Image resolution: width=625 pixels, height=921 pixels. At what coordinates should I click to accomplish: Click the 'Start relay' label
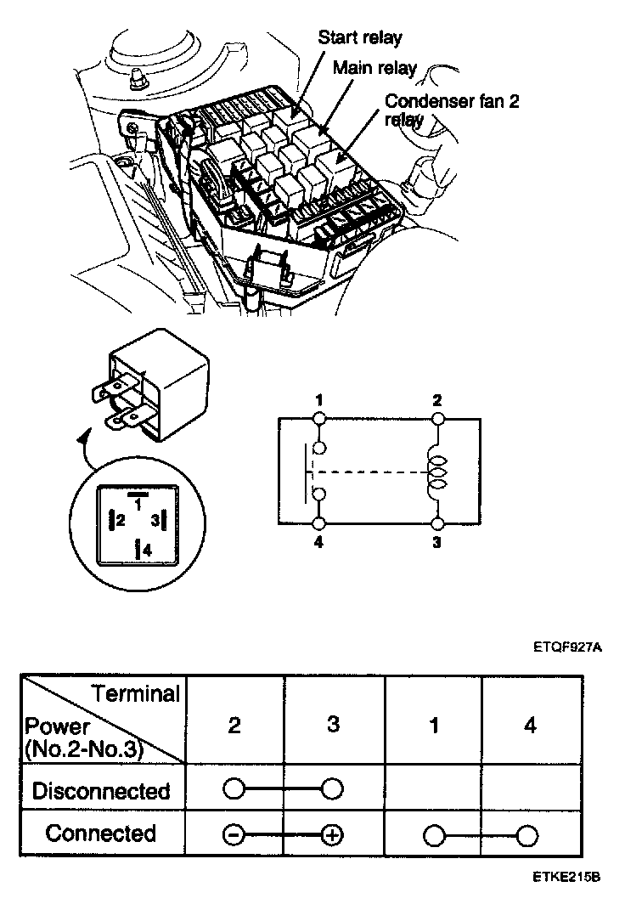359,37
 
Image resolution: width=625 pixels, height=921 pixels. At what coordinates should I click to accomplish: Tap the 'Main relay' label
374,67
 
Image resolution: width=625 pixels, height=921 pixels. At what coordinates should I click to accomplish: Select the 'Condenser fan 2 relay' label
451,110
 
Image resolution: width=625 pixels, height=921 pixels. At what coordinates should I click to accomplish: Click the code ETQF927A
567,647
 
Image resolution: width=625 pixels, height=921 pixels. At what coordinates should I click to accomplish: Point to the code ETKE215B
567,878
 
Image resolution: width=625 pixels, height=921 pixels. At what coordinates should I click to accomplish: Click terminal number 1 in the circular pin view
137,500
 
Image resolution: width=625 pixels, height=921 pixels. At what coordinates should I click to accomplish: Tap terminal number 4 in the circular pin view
145,550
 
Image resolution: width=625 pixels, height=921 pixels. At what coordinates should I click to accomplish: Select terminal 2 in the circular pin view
120,520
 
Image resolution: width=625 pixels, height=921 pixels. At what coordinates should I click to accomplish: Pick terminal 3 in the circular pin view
155,520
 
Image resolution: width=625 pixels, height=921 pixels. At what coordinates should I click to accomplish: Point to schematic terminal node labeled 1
318,418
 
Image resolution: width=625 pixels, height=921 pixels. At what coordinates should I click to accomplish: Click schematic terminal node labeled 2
437,418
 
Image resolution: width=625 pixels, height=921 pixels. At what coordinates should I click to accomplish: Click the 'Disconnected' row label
101,791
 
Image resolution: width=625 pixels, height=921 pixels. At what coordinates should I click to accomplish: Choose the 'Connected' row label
101,833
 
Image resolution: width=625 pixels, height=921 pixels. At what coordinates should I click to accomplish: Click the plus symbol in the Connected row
333,835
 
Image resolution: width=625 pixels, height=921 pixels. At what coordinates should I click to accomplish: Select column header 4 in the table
531,726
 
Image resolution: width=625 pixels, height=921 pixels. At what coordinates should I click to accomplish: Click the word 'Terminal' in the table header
136,694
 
